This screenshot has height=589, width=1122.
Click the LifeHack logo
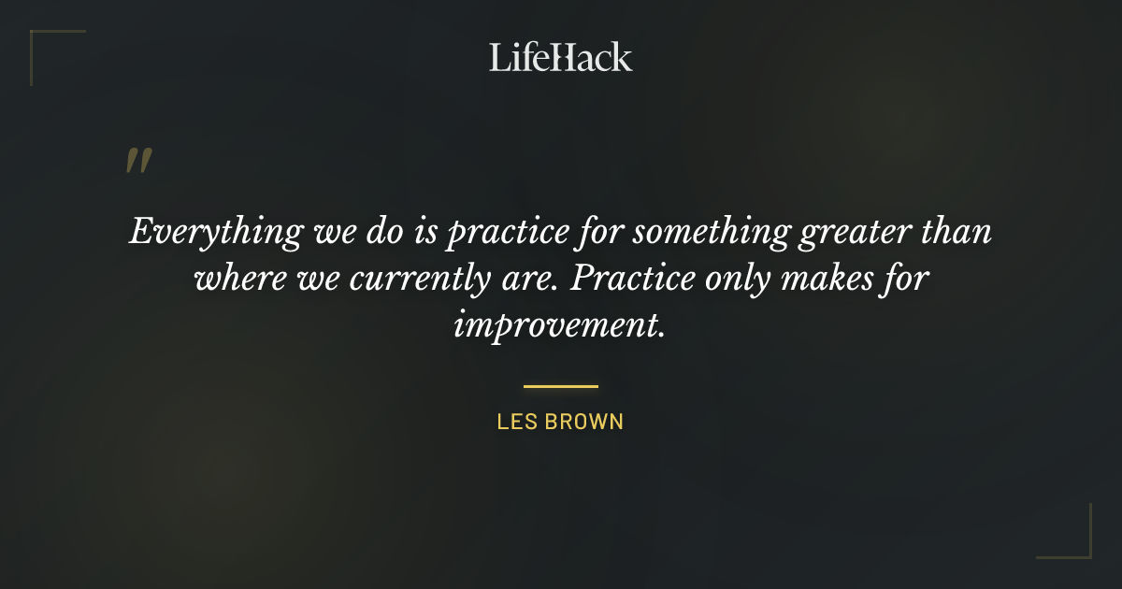pyautogui.click(x=561, y=57)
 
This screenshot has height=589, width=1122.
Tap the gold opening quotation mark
pyautogui.click(x=138, y=161)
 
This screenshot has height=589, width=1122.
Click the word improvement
pyautogui.click(x=559, y=325)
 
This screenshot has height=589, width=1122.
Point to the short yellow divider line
pyautogui.click(x=561, y=385)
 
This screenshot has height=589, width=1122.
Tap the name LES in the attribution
pyautogui.click(x=516, y=422)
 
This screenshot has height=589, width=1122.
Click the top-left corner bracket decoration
pyautogui.click(x=47, y=47)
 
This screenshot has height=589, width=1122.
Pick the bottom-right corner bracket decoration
pyautogui.click(x=1075, y=542)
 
